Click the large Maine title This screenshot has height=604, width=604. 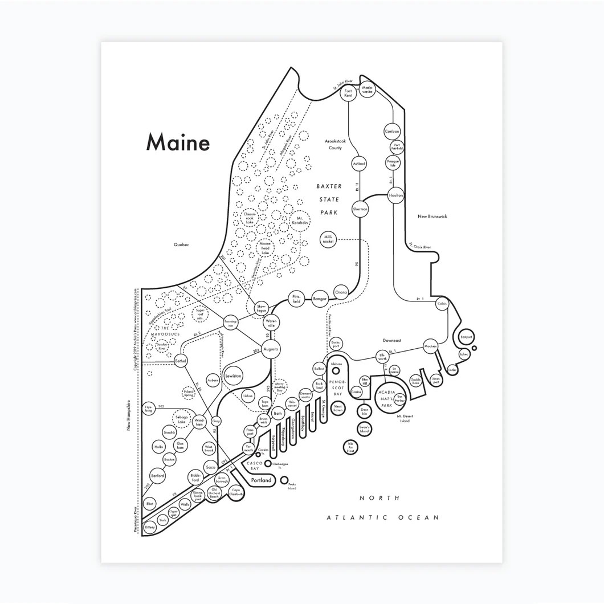(x=178, y=143)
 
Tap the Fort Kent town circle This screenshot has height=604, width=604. (x=349, y=93)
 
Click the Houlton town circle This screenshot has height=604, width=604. (x=396, y=195)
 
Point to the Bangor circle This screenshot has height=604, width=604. (x=320, y=297)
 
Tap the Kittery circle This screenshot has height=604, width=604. (x=150, y=528)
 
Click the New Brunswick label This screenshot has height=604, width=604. (x=432, y=217)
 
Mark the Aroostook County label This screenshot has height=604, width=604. (x=334, y=144)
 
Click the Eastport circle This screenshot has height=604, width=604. (x=466, y=337)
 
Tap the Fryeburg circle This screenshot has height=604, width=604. (x=149, y=409)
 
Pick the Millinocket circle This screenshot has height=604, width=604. (x=329, y=239)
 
